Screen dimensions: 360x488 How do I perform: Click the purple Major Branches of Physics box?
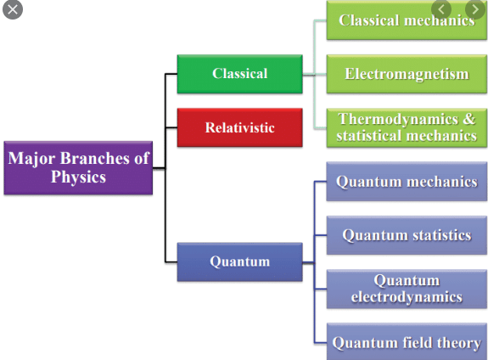(x=78, y=167)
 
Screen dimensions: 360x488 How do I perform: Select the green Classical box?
(x=239, y=74)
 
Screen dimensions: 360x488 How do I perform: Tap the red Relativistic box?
(x=239, y=128)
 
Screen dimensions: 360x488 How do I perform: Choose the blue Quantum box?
(x=239, y=262)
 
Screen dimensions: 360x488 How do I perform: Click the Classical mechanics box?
(x=407, y=21)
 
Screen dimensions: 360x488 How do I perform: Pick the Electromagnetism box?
(x=407, y=74)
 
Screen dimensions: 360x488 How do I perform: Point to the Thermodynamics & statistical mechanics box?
(x=407, y=127)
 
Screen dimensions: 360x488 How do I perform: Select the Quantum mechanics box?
(x=407, y=182)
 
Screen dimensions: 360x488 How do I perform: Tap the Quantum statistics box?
(x=407, y=235)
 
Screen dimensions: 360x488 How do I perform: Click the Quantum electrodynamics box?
(x=407, y=289)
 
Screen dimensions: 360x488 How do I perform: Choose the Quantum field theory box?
(x=407, y=343)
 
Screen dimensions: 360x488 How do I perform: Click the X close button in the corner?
(x=13, y=9)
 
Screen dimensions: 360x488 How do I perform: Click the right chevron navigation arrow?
(x=474, y=9)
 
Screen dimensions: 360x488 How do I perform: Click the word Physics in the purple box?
(x=77, y=177)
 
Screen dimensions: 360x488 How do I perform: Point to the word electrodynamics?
(x=407, y=297)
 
